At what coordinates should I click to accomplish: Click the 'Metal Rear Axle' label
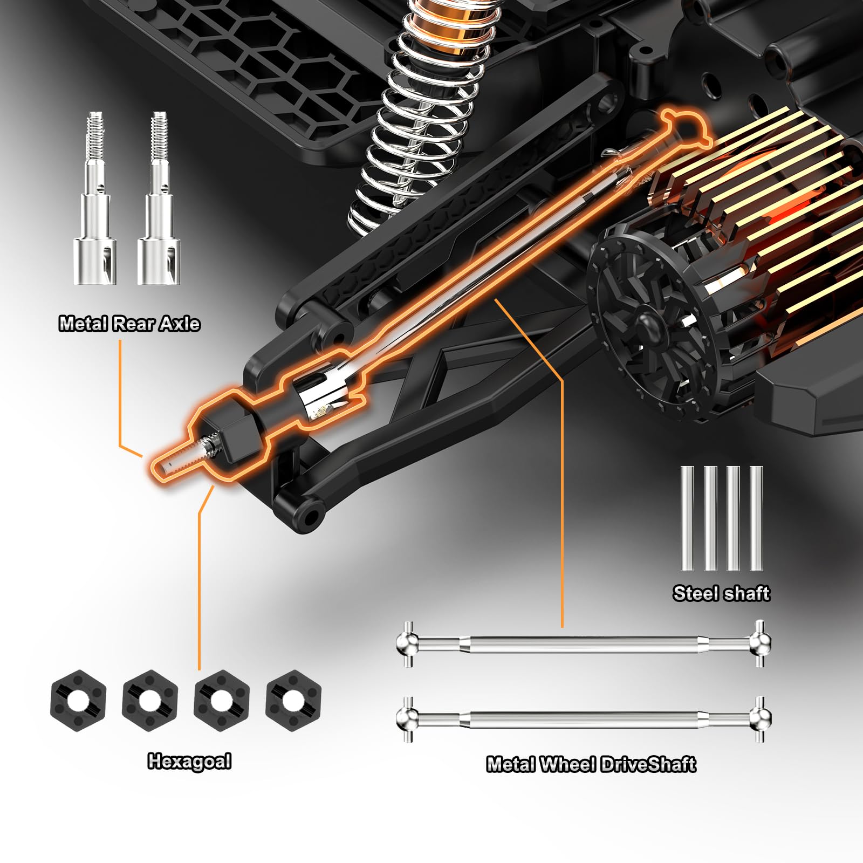pyautogui.click(x=129, y=324)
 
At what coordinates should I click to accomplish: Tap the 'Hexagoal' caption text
pyautogui.click(x=189, y=761)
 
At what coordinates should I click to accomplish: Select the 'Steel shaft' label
pyautogui.click(x=721, y=593)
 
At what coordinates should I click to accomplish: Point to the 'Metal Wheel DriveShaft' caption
pyautogui.click(x=591, y=764)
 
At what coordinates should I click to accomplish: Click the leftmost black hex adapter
pyautogui.click(x=78, y=700)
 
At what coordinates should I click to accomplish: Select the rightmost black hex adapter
pyautogui.click(x=293, y=700)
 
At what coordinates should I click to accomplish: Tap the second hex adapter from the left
pyautogui.click(x=150, y=700)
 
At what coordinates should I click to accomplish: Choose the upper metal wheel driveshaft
pyautogui.click(x=584, y=643)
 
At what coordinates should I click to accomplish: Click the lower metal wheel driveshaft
pyautogui.click(x=584, y=719)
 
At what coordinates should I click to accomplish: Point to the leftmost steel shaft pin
pyautogui.click(x=687, y=518)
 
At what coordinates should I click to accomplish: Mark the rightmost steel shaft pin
pyautogui.click(x=756, y=518)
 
